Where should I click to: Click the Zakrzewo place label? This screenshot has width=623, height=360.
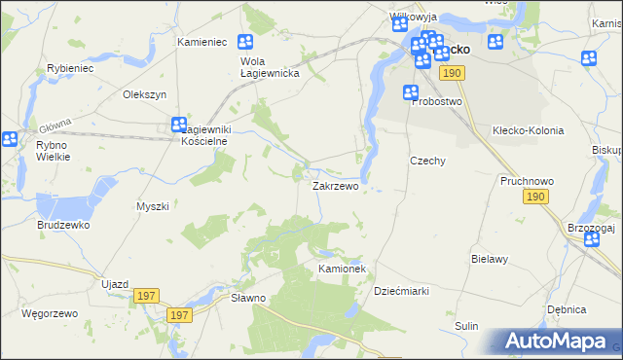pyautogui.click(x=335, y=185)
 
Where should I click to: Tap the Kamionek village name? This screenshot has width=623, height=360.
pyautogui.click(x=341, y=268)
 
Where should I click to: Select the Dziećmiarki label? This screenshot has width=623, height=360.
pyautogui.click(x=402, y=291)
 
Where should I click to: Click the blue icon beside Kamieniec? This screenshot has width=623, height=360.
pyautogui.click(x=245, y=42)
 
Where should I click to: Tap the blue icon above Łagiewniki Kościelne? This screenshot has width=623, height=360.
pyautogui.click(x=179, y=124)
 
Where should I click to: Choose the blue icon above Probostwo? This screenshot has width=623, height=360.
pyautogui.click(x=412, y=93)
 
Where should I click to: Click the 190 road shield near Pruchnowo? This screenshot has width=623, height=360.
pyautogui.click(x=534, y=197)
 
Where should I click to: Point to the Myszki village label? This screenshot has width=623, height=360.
pyautogui.click(x=153, y=206)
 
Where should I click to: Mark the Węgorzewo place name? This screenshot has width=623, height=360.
pyautogui.click(x=49, y=313)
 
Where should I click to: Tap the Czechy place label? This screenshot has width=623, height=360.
pyautogui.click(x=427, y=162)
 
